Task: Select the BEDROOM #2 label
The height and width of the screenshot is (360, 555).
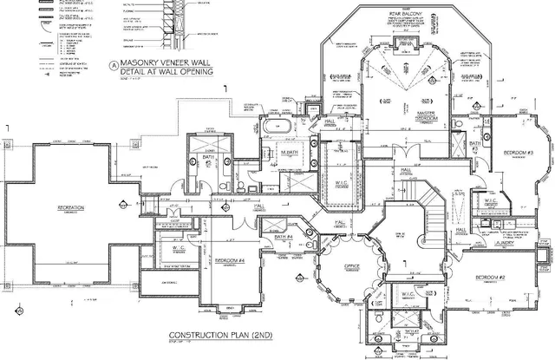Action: tap(491, 278)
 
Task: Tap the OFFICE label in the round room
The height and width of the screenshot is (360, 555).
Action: tap(351, 266)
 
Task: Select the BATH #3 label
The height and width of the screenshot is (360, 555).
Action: tap(474, 144)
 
